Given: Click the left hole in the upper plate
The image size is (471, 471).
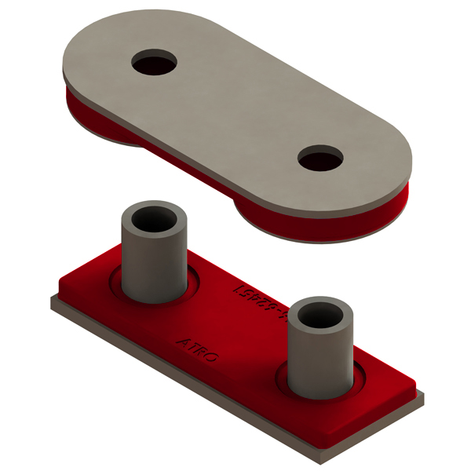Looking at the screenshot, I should pos(155,62).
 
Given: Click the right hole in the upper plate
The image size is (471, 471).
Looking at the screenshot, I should pos(321,159).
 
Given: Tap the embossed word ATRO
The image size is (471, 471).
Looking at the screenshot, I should pos(198,350).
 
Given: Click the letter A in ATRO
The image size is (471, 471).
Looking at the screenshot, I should pos(184,343).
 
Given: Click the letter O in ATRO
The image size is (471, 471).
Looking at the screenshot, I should pos(213,358).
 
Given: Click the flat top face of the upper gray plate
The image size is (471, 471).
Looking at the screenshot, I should pos(235,118).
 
